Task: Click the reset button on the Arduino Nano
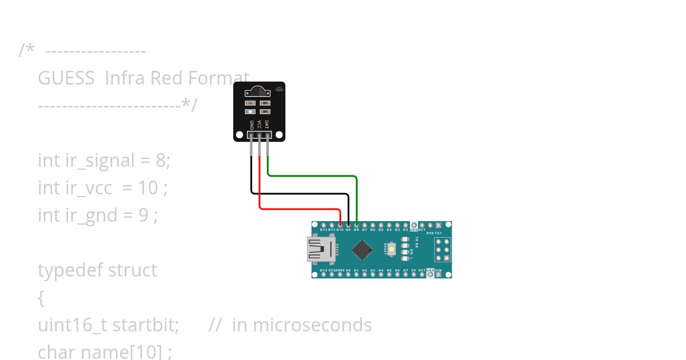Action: (392, 249)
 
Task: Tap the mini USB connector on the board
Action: (320, 250)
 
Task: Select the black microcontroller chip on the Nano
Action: (362, 250)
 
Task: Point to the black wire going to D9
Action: (300, 194)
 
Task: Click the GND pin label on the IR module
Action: (252, 124)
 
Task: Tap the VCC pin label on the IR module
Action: (259, 124)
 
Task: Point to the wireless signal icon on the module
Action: (279, 88)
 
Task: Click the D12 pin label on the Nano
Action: (324, 230)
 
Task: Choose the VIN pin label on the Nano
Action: (438, 270)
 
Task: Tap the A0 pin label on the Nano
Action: (348, 270)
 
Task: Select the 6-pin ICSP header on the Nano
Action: (442, 250)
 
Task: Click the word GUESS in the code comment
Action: (66, 78)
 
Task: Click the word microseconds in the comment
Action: (312, 325)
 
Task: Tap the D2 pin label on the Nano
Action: (405, 230)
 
